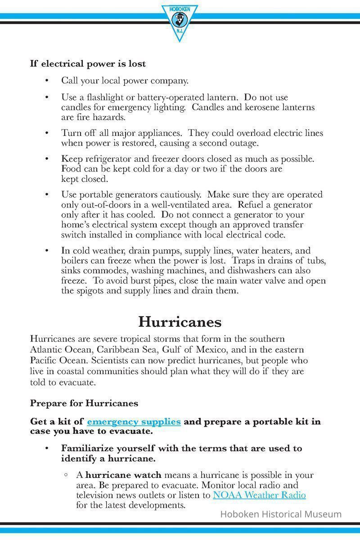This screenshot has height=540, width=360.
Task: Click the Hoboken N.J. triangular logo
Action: click(180, 21)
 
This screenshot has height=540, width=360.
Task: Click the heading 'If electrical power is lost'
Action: click(88, 64)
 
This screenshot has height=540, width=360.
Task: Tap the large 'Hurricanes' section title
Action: click(180, 322)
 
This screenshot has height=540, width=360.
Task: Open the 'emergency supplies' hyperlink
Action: click(134, 422)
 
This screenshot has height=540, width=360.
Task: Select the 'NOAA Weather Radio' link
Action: click(259, 495)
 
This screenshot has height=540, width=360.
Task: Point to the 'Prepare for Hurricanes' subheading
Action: click(84, 403)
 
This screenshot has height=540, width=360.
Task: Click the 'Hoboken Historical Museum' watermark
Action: click(280, 514)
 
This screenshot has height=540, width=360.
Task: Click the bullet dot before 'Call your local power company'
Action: click(47, 81)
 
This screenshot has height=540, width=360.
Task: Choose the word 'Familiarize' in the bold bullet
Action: click(86, 448)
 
